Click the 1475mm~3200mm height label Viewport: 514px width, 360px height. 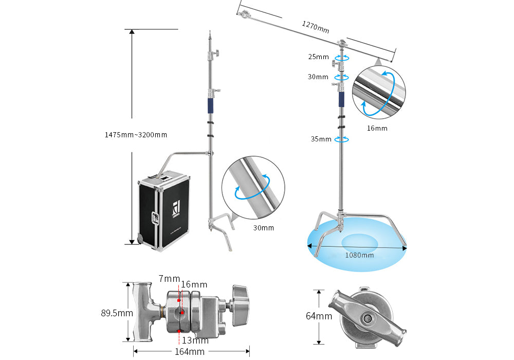(x=136, y=135)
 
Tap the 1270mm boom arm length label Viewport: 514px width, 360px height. (x=315, y=26)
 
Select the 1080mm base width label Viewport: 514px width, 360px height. (x=360, y=255)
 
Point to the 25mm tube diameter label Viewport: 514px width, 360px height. (x=318, y=57)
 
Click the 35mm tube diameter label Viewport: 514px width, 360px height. (x=320, y=139)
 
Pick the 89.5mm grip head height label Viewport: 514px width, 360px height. (x=116, y=312)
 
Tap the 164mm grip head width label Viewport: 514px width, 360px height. (x=189, y=352)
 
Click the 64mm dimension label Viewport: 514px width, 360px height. (x=319, y=316)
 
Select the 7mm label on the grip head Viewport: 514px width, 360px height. (x=169, y=279)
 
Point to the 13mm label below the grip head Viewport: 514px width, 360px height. (x=195, y=340)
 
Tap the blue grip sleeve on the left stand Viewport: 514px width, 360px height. (x=210, y=106)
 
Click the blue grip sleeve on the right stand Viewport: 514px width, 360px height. (x=340, y=99)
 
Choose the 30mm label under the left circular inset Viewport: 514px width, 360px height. (x=264, y=227)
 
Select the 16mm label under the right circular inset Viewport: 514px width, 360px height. (x=377, y=128)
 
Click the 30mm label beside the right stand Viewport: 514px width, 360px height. (x=318, y=77)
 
